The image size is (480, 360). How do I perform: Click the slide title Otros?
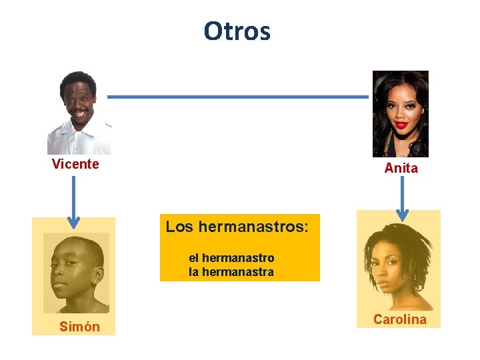coord(237,31)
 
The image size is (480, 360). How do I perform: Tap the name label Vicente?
coord(75,165)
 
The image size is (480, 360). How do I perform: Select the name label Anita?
coord(401,169)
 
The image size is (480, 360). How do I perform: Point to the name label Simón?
coord(79,327)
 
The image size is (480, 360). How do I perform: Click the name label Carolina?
coord(399,319)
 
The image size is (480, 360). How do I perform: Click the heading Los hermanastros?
coord(237,227)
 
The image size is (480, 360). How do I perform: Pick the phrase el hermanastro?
coord(231,257)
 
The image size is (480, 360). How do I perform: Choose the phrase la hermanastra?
coord(231,272)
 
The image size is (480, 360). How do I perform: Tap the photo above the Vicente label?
coord(79,113)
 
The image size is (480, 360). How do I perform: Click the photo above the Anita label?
coord(400,114)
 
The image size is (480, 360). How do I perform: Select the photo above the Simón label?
coord(76,273)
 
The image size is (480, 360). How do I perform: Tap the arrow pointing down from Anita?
coord(402,197)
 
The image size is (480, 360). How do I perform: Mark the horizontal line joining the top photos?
coord(238,97)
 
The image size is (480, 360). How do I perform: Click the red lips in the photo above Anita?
coord(400,125)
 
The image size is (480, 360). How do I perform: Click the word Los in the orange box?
coord(179,227)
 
